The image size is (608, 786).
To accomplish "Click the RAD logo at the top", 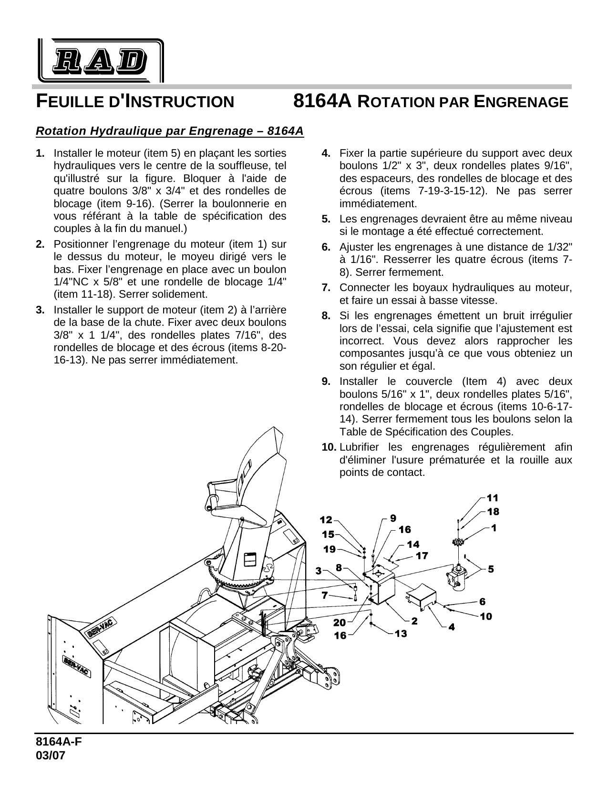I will [x=100, y=60].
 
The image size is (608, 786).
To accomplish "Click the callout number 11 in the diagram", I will [x=492, y=498].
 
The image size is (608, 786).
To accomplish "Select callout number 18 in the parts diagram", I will [x=492, y=512].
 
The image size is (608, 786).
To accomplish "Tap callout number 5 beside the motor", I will [x=491, y=569].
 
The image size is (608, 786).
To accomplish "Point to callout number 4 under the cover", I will [x=451, y=627].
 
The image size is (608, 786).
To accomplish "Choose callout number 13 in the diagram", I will [x=401, y=634].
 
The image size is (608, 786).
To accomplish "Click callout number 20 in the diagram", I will [x=340, y=622].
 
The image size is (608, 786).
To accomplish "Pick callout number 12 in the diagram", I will [x=326, y=519].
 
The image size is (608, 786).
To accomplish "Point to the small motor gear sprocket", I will [x=458, y=542].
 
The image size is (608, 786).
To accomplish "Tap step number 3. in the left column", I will [x=41, y=310].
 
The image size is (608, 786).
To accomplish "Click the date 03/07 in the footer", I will [x=50, y=756].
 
